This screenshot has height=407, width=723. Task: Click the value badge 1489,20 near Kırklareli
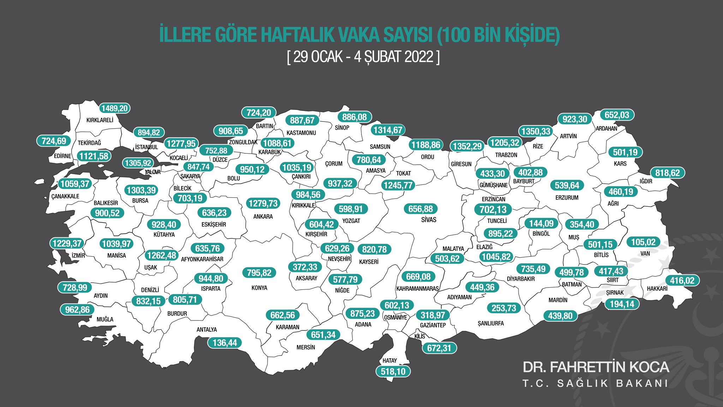(x=115, y=108)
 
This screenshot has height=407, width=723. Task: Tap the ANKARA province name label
(x=263, y=217)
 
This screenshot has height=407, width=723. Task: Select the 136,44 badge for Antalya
(x=225, y=343)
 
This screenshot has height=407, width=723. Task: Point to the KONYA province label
(x=259, y=288)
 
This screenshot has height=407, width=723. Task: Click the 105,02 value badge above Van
(x=643, y=242)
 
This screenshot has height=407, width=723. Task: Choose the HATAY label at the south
(x=390, y=361)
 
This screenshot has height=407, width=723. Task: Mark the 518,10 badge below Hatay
(x=393, y=372)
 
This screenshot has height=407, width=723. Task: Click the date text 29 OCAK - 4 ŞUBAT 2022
(x=364, y=57)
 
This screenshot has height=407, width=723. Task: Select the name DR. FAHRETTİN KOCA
(x=596, y=367)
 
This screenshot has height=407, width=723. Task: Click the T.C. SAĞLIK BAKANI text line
(x=595, y=384)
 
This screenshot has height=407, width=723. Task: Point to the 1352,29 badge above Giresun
(x=467, y=146)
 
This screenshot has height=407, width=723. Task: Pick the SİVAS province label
(x=429, y=220)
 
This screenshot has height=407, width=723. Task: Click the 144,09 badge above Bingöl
(x=542, y=223)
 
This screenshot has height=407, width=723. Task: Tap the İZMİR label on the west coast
(x=78, y=255)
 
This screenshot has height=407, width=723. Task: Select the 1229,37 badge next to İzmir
(x=67, y=243)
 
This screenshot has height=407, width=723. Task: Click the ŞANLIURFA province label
(x=491, y=324)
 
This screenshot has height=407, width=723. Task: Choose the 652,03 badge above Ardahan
(x=617, y=115)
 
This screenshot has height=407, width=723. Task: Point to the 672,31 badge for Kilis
(x=439, y=348)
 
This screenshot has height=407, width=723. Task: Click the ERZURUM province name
(x=567, y=198)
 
